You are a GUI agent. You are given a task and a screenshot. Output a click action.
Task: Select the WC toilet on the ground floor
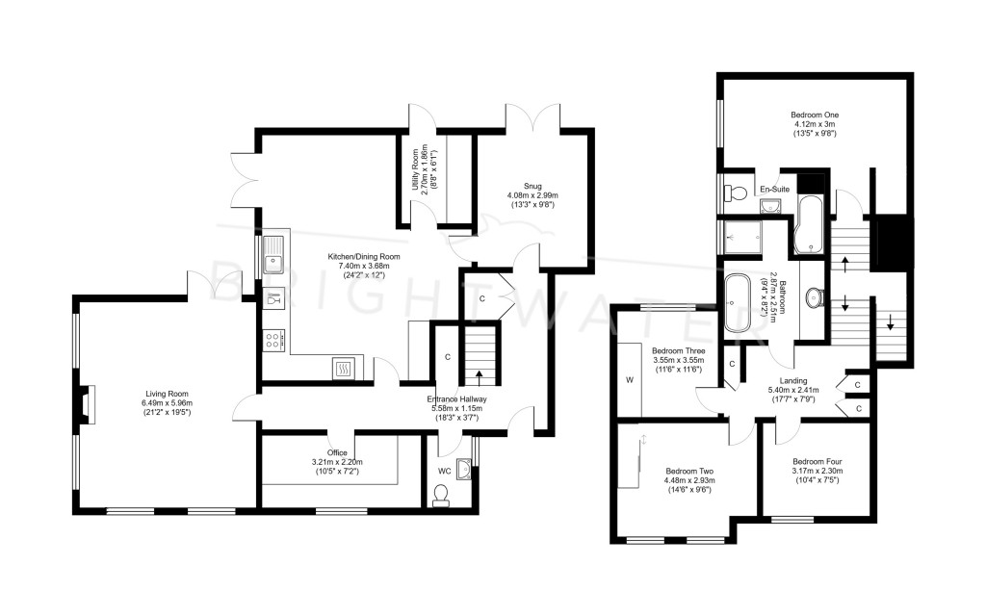(x=441, y=495)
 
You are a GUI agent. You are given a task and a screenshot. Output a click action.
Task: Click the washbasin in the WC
(x=464, y=469)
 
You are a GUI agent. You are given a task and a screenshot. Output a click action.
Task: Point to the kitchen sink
(x=272, y=254)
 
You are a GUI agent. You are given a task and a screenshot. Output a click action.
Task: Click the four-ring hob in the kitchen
(x=272, y=341)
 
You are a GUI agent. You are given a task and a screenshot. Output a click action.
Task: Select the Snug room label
(x=532, y=194)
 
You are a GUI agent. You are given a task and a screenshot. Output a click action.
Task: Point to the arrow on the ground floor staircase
(x=480, y=377)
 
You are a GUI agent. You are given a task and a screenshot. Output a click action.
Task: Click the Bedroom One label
(x=815, y=124)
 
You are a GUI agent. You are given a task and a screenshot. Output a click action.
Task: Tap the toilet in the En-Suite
(x=734, y=192)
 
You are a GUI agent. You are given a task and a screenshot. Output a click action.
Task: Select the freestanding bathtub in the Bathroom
(x=738, y=303)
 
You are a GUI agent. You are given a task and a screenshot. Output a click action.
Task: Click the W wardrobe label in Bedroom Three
(x=630, y=379)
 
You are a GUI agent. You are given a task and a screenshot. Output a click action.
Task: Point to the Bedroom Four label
(x=817, y=470)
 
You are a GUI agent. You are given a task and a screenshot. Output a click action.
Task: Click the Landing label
(x=792, y=389)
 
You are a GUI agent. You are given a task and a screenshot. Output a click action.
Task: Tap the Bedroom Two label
(x=689, y=479)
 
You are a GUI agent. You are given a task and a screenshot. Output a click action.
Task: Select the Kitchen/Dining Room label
(x=363, y=266)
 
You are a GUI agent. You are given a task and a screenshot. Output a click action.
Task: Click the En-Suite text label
(x=775, y=190)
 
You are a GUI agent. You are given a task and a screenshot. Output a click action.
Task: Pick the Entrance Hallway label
(x=456, y=408)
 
